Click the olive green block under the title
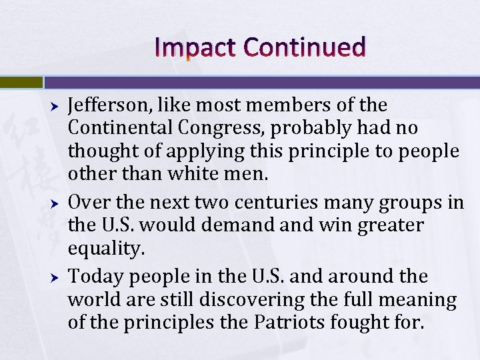(21, 82)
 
